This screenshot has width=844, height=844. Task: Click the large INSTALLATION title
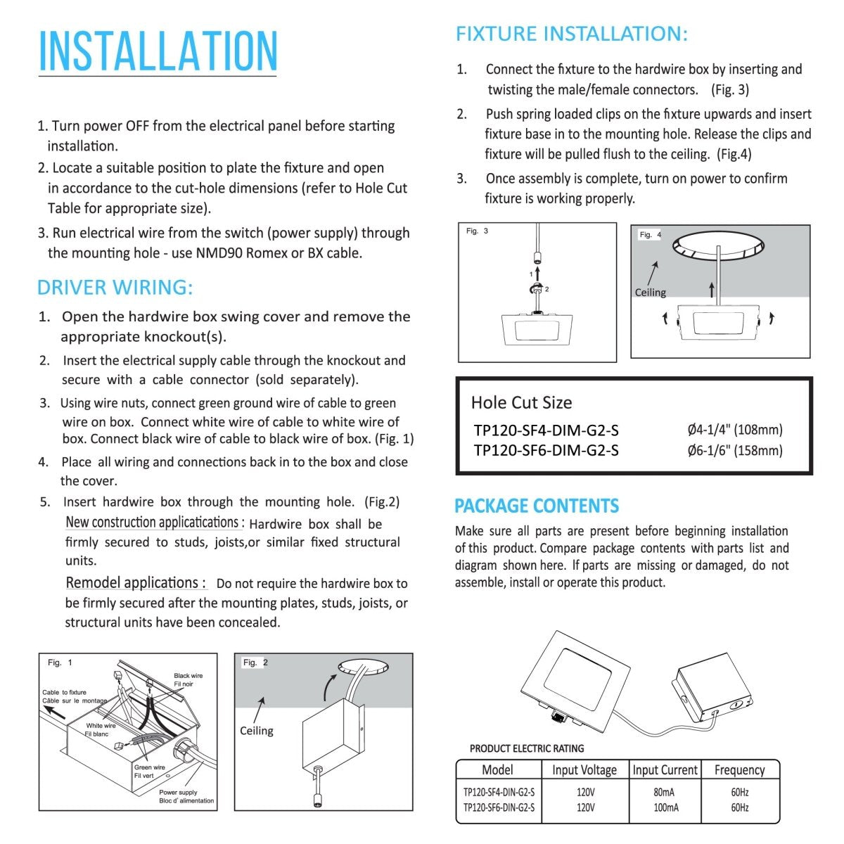(x=158, y=51)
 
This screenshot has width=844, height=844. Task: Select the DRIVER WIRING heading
(x=115, y=288)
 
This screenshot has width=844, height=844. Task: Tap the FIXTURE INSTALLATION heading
(x=571, y=34)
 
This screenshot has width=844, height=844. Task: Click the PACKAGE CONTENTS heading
(x=537, y=506)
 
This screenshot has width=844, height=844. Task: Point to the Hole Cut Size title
(x=521, y=402)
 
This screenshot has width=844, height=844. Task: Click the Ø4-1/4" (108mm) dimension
(x=734, y=430)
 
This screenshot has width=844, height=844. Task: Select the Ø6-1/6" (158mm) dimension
(x=734, y=450)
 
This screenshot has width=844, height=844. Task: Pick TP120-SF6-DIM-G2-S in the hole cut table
(x=546, y=450)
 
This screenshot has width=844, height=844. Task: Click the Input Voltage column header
(x=584, y=770)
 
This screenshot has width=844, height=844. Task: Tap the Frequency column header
(x=739, y=770)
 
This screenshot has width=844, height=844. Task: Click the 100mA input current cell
(x=665, y=807)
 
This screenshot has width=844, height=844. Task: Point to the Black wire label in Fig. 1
(x=188, y=676)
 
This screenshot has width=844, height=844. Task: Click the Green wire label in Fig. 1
(x=149, y=767)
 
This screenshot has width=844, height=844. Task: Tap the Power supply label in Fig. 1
(x=178, y=792)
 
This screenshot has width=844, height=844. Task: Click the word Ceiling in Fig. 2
(x=256, y=731)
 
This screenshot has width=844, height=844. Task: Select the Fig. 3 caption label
(x=477, y=231)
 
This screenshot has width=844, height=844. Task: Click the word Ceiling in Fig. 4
(x=650, y=293)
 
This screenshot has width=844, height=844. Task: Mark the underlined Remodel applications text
(x=135, y=583)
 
